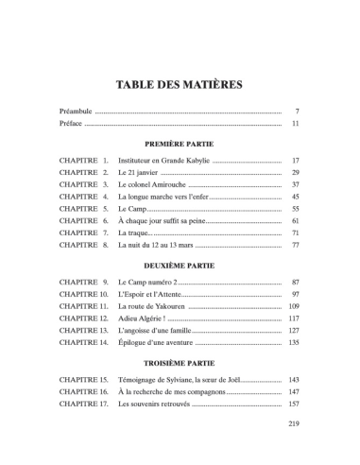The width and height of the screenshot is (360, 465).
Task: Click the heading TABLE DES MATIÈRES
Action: pyautogui.click(x=180, y=84)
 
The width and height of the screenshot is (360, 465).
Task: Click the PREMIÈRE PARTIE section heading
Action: pyautogui.click(x=180, y=144)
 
